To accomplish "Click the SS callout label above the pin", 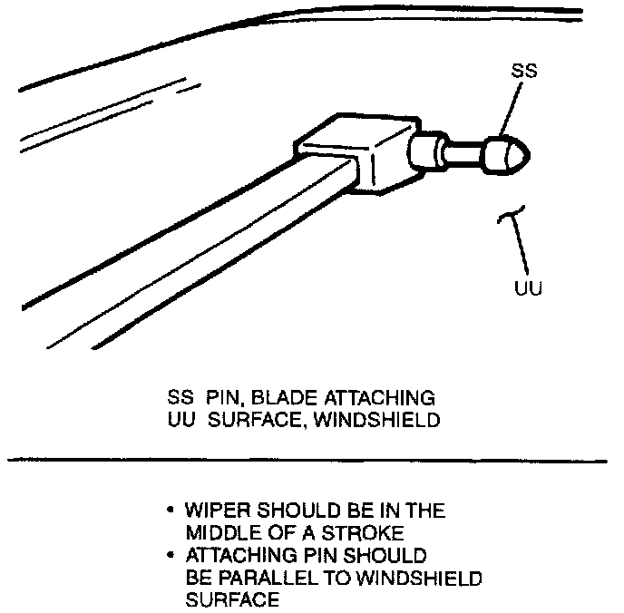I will [x=523, y=71].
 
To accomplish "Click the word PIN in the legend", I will [x=223, y=399].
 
